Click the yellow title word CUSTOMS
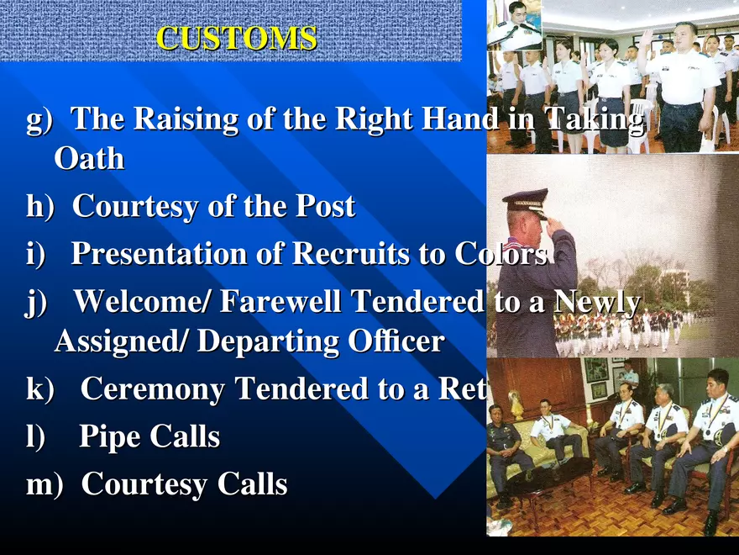click(x=237, y=39)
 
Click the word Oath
click(x=89, y=158)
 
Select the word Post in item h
click(x=322, y=206)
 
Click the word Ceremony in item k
click(x=153, y=389)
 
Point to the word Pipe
click(x=109, y=437)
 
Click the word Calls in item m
click(x=252, y=484)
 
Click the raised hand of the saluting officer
click(x=554, y=225)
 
